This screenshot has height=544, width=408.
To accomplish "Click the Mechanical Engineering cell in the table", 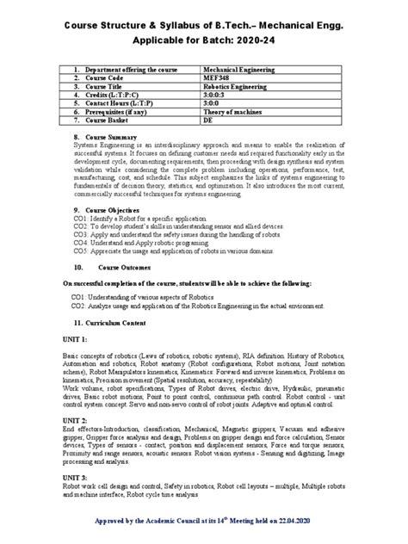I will (x=238, y=68).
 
